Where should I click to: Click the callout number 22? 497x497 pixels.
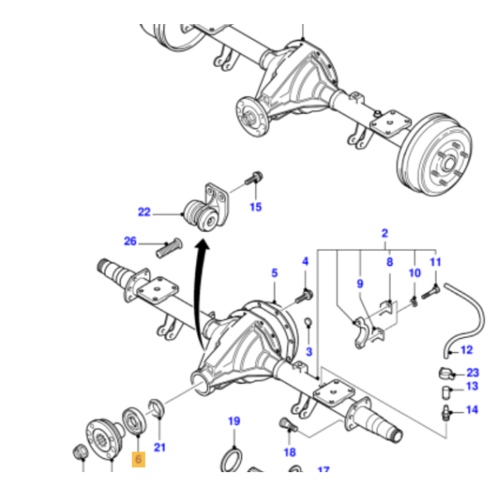point(145,212)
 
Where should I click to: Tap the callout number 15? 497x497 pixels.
point(255,206)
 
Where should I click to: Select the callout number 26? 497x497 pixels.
point(130,242)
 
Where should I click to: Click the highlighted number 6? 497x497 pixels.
point(138,457)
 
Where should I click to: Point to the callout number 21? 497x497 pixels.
point(160,448)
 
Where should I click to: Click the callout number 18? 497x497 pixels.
point(289,452)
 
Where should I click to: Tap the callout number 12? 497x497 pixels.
point(466,350)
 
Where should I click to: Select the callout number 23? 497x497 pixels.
point(472,372)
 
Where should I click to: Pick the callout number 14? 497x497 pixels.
point(472,409)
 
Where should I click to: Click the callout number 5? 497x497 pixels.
point(275,272)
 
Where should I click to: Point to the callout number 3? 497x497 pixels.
point(309,352)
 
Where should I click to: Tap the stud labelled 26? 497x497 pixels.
point(167,245)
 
